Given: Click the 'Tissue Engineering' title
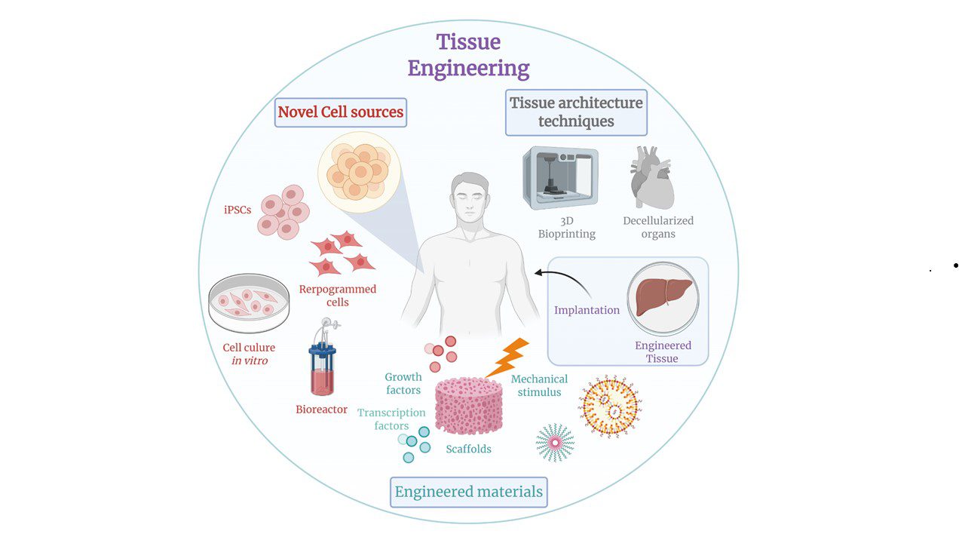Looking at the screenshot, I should [x=468, y=55].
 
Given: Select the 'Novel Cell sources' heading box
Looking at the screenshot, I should [x=341, y=112].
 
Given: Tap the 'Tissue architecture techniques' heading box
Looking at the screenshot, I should [x=577, y=112].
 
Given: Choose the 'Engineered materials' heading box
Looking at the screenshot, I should [x=468, y=492].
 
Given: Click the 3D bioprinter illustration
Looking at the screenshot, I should [x=560, y=178].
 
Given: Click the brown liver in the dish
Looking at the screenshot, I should [x=660, y=297].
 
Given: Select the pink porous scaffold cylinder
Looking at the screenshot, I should [x=469, y=405].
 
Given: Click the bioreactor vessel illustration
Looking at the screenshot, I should [x=323, y=360].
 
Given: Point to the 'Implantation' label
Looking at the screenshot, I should [x=587, y=310].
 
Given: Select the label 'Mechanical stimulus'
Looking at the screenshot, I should [x=540, y=385].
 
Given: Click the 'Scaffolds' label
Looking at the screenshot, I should [x=468, y=449].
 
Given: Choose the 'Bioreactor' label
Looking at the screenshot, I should [x=321, y=410].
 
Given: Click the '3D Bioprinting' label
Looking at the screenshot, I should [x=567, y=227].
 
